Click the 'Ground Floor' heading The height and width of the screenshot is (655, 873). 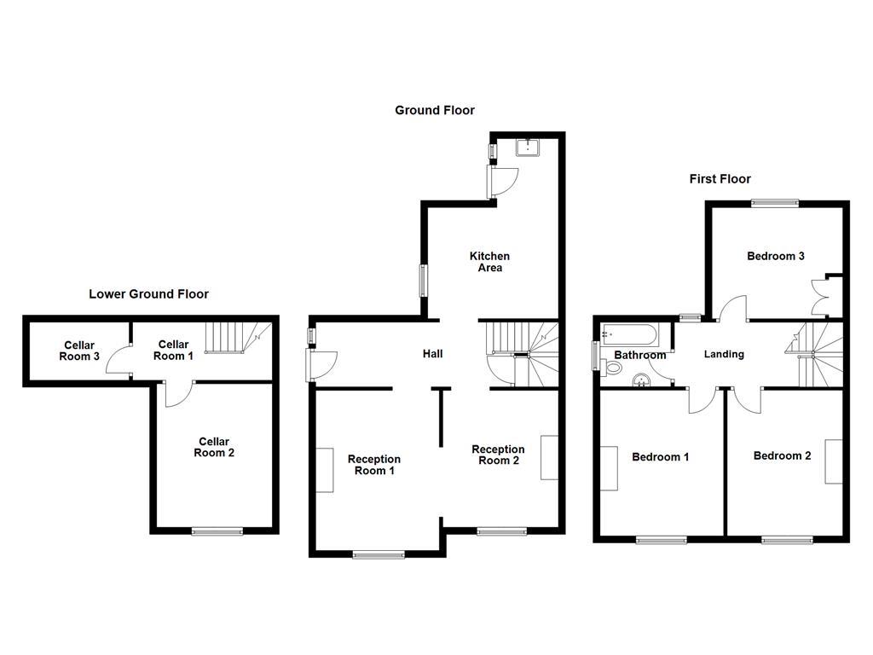click(x=434, y=110)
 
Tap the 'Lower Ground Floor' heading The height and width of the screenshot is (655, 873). click(x=148, y=294)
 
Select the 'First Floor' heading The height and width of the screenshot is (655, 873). click(x=720, y=179)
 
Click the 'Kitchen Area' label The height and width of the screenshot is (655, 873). click(x=489, y=262)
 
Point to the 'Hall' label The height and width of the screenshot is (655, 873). click(x=432, y=354)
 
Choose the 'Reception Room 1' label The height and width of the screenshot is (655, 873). click(x=374, y=465)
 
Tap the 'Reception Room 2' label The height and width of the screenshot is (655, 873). click(x=498, y=455)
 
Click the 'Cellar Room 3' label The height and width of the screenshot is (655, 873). click(x=78, y=351)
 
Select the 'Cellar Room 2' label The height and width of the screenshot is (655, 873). click(x=214, y=447)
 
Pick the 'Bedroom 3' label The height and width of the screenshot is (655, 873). click(x=775, y=256)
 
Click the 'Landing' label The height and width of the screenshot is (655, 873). click(x=723, y=354)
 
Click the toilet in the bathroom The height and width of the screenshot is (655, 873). click(x=612, y=367)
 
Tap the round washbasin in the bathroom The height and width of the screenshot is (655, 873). click(x=641, y=380)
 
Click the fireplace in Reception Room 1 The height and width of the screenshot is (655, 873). click(x=325, y=469)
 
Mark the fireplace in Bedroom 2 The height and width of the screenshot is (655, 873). click(x=833, y=461)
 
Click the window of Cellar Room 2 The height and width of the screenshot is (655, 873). click(x=217, y=531)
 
